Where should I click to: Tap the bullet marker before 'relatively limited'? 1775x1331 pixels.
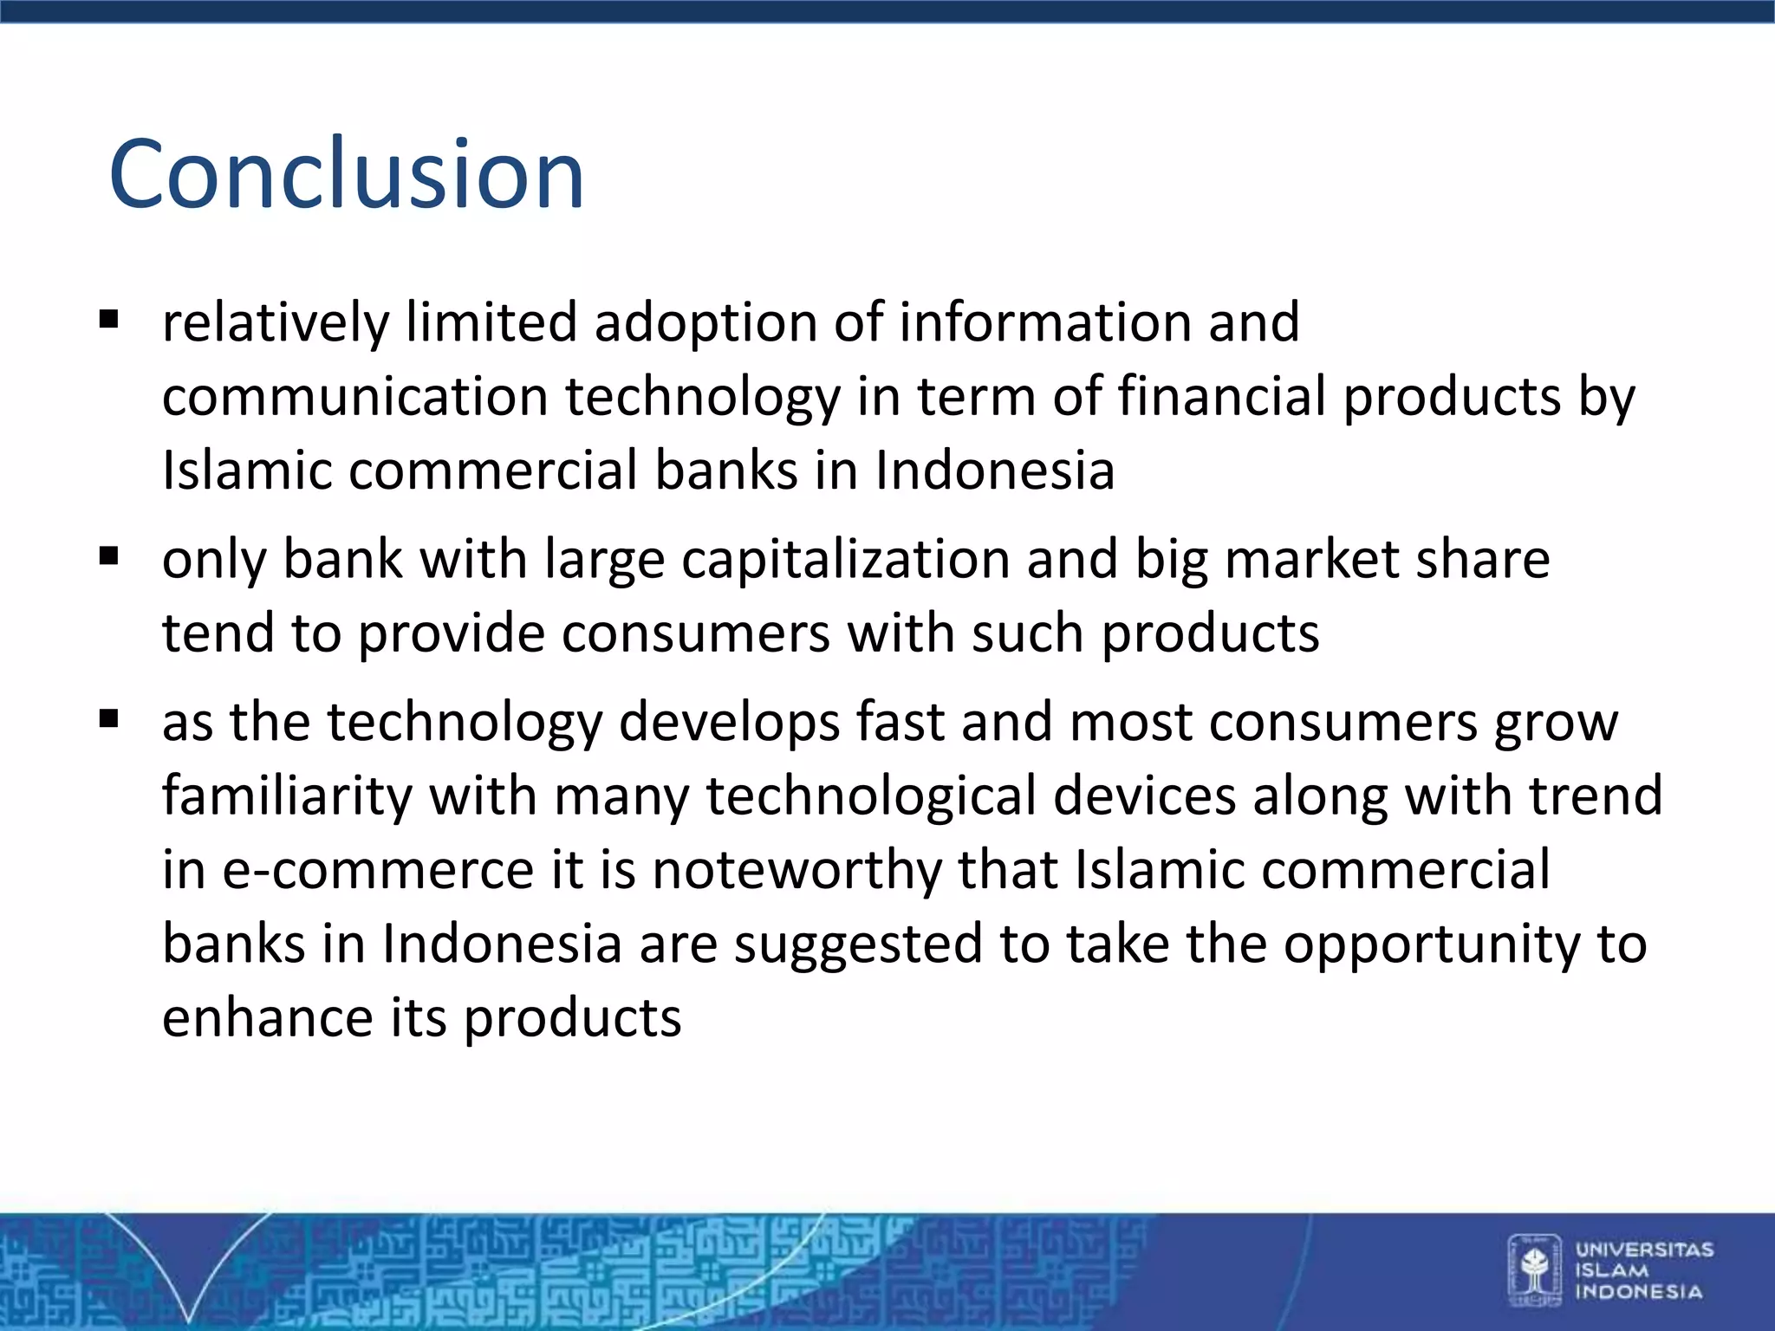click(108, 321)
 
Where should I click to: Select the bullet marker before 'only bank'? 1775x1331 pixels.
click(108, 556)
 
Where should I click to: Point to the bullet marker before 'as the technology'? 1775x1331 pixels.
click(108, 719)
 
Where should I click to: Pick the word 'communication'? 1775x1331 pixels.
click(355, 397)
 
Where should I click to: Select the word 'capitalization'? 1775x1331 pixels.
click(846, 559)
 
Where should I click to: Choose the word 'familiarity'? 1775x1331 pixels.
click(287, 795)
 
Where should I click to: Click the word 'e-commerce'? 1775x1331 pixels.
click(378, 869)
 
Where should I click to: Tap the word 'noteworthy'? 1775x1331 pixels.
click(796, 869)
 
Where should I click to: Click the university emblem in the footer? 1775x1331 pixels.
click(1534, 1269)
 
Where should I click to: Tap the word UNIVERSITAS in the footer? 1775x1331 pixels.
click(1644, 1250)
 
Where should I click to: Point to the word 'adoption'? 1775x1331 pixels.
click(705, 323)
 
